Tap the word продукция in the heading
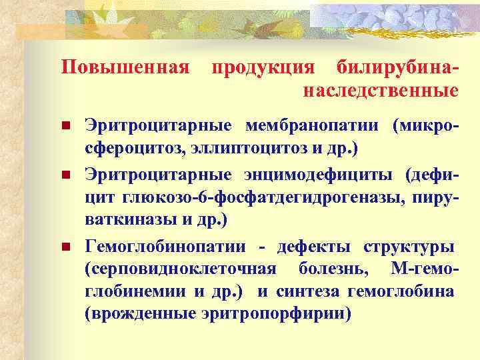tap(262, 67)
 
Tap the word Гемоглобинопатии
tap(166, 247)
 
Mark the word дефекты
tap(315, 247)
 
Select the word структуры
tap(409, 247)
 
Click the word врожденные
tap(141, 313)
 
